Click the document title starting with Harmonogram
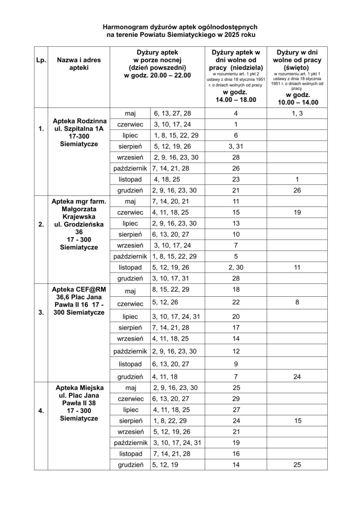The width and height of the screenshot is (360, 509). (180, 30)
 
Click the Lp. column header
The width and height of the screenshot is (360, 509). (41, 61)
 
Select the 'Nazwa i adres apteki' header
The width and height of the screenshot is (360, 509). (79, 64)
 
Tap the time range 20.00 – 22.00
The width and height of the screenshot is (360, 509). (157, 76)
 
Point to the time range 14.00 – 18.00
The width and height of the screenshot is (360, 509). (236, 99)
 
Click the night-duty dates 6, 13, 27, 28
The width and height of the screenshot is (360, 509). (172, 113)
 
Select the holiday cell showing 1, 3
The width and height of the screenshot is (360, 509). (297, 113)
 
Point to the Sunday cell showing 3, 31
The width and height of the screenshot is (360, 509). (236, 146)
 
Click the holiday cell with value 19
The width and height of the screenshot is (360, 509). (297, 212)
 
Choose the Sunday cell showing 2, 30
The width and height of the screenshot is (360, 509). (236, 267)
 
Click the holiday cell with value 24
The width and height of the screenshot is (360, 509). (297, 377)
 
